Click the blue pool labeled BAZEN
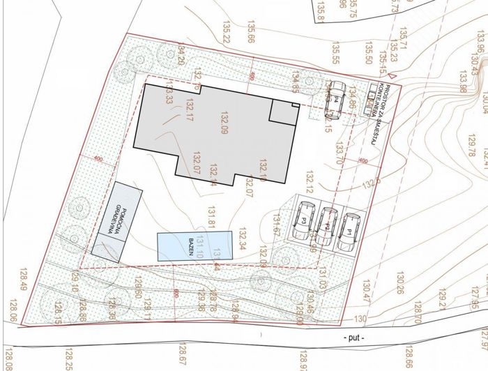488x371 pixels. (x=192, y=246)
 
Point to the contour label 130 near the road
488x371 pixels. (x=360, y=319)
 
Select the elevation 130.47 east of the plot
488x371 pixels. (x=367, y=288)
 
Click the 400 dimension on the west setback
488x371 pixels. (x=97, y=160)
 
